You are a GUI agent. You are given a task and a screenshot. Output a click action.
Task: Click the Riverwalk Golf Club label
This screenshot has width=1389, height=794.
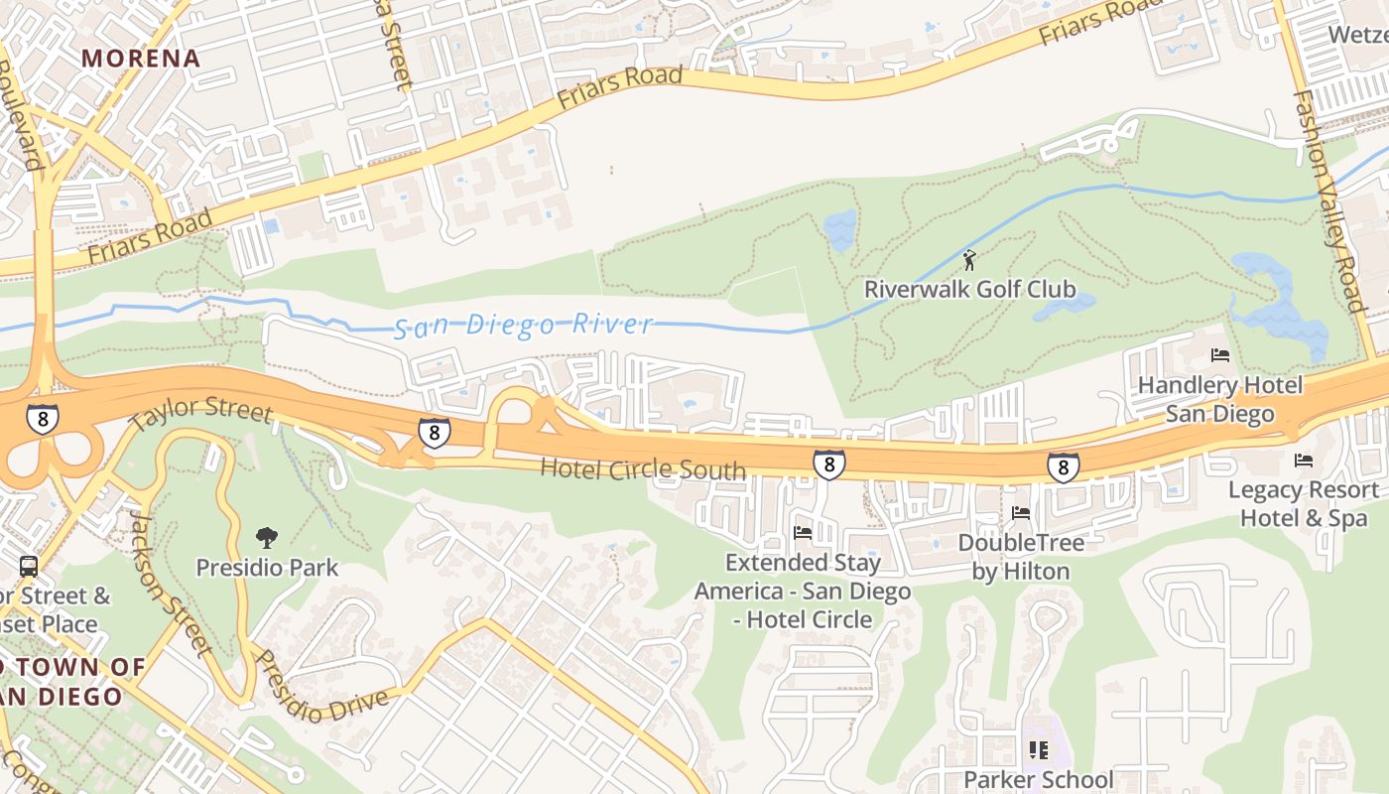tap(969, 289)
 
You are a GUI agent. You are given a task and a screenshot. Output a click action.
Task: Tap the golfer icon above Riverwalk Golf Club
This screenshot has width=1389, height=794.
tap(969, 260)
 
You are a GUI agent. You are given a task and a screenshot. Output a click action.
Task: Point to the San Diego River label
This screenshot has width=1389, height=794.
tap(524, 325)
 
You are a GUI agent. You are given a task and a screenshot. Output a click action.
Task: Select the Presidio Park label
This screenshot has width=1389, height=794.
tap(267, 568)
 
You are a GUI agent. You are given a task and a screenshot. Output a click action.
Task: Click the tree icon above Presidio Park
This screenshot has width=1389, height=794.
tap(266, 538)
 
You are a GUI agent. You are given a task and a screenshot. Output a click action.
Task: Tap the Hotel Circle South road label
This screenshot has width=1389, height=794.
tap(642, 468)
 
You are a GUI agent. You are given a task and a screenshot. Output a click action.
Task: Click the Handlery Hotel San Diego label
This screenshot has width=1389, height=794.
tap(1219, 399)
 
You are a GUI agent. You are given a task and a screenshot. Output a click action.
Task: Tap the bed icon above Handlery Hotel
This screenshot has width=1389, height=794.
tap(1220, 355)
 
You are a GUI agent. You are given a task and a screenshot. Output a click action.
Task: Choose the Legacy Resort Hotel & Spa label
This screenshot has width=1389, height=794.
tap(1303, 503)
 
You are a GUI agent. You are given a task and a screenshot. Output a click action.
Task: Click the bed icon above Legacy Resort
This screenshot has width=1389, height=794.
tap(1303, 460)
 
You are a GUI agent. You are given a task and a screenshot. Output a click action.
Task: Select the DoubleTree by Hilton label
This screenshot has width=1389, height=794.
tap(1020, 557)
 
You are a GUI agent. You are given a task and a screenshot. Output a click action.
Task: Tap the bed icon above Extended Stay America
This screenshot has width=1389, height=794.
tap(803, 533)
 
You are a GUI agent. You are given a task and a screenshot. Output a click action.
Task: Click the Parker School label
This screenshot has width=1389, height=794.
tap(1038, 779)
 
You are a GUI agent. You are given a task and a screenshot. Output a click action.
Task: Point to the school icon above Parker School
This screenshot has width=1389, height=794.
tap(1038, 749)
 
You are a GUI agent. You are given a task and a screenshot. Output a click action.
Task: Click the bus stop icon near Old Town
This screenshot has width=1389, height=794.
tap(29, 567)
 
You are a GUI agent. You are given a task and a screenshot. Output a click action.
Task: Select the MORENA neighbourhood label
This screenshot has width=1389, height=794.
tap(141, 58)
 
